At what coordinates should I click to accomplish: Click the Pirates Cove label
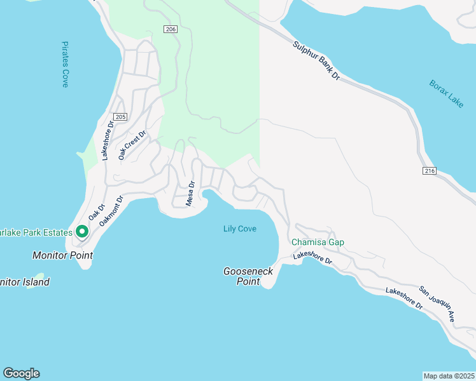coord(65,65)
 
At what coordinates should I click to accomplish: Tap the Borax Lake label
coord(446,93)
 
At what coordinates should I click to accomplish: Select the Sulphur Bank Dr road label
coord(318,61)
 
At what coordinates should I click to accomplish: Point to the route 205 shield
coord(121,116)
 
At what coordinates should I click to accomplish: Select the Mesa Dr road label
coord(190,192)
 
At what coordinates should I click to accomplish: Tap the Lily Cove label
coord(240,229)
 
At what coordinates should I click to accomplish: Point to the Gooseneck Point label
coord(248,276)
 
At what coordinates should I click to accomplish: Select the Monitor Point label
coord(62,255)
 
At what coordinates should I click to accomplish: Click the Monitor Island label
coord(24,282)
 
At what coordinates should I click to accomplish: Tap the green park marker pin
coord(82,232)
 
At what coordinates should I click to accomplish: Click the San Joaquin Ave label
coord(436,304)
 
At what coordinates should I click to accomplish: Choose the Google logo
coord(21,373)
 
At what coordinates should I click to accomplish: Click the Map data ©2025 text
coord(449,375)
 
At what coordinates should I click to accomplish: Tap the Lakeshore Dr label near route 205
coord(107,141)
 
